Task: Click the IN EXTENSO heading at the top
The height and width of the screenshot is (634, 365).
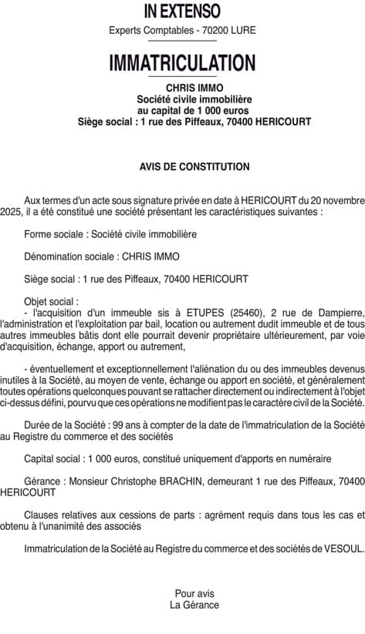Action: (182, 11)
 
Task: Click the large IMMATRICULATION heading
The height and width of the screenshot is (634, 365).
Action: (182, 62)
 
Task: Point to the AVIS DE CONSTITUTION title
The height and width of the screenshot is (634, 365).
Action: (194, 166)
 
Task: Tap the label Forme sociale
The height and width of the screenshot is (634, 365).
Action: (51, 233)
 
